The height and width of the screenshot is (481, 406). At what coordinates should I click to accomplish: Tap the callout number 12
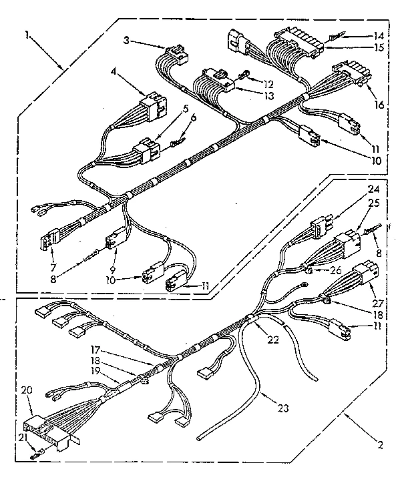268,85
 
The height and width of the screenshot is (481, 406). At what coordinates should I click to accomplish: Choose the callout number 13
268,97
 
